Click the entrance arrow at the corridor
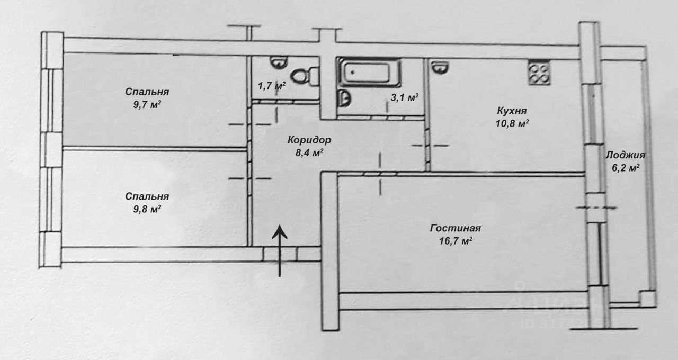pyautogui.click(x=279, y=250)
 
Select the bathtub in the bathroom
pyautogui.click(x=369, y=72)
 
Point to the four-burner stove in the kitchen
pyautogui.click(x=539, y=73)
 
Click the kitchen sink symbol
pyautogui.click(x=440, y=67)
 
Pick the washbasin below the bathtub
pyautogui.click(x=344, y=98)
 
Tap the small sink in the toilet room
pyautogui.click(x=279, y=62)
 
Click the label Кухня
pyautogui.click(x=512, y=111)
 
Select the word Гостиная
pyautogui.click(x=455, y=228)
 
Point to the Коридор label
pyautogui.click(x=309, y=140)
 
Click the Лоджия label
pyautogui.click(x=626, y=155)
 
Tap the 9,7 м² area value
pyautogui.click(x=147, y=105)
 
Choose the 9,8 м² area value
pyautogui.click(x=147, y=209)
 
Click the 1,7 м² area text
pyautogui.click(x=272, y=86)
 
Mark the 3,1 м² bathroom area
pyautogui.click(x=405, y=97)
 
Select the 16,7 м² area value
pyautogui.click(x=456, y=241)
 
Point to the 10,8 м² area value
pyautogui.click(x=512, y=123)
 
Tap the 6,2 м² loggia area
pyautogui.click(x=626, y=168)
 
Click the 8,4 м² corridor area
pyautogui.click(x=309, y=153)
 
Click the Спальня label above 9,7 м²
pyautogui.click(x=147, y=92)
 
